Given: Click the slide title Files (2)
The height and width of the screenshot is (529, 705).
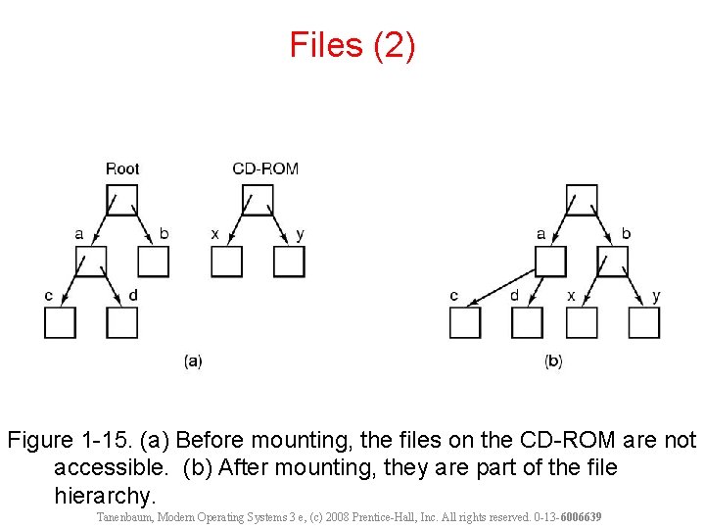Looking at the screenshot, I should click(x=352, y=45).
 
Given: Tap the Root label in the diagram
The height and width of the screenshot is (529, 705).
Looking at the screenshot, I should click(x=122, y=168).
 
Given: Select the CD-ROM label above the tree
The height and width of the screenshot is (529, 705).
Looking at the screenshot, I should click(x=265, y=168).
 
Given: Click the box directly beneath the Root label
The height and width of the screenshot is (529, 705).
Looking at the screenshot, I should click(x=122, y=199).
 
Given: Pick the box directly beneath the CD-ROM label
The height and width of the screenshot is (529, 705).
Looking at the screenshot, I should click(x=258, y=199).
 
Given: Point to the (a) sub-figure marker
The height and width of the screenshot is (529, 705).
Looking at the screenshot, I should click(x=193, y=361).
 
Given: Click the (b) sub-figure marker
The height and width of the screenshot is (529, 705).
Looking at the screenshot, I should click(x=553, y=361).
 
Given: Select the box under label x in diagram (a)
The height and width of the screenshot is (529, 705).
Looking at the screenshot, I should click(x=226, y=262).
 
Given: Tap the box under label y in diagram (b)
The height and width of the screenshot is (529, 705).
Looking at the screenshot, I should click(x=643, y=322).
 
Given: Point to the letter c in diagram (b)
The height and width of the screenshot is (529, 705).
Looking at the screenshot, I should click(x=453, y=295).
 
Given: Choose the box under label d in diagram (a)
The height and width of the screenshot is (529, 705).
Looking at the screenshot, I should click(x=122, y=322).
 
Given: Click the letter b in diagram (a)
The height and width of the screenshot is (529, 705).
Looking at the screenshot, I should click(x=164, y=234).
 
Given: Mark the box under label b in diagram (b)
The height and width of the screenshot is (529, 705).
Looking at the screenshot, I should click(x=614, y=262).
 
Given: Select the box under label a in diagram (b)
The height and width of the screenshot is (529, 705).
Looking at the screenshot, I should click(x=551, y=262).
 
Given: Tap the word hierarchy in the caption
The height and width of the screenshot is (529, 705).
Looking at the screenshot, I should click(x=105, y=495).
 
